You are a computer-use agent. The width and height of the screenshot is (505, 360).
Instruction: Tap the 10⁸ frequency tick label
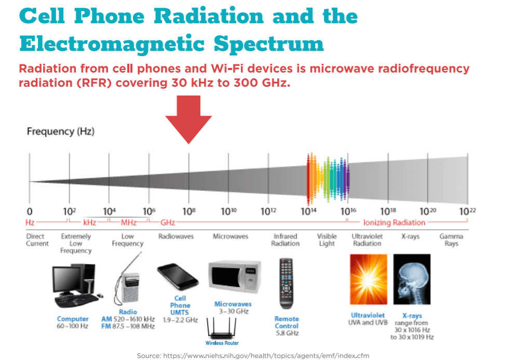point(189,212)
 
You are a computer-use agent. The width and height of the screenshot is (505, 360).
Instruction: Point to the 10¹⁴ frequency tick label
point(308,212)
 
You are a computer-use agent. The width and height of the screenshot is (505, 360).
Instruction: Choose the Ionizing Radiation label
point(394,223)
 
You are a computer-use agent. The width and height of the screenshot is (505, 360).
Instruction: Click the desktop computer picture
point(74,286)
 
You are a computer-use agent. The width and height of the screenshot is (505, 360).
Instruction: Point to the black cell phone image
point(179,279)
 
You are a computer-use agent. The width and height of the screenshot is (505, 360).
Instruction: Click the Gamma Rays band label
point(451,240)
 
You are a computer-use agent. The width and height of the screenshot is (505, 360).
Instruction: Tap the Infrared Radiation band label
point(285,240)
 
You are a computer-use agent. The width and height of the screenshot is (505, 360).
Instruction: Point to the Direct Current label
point(37,240)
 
